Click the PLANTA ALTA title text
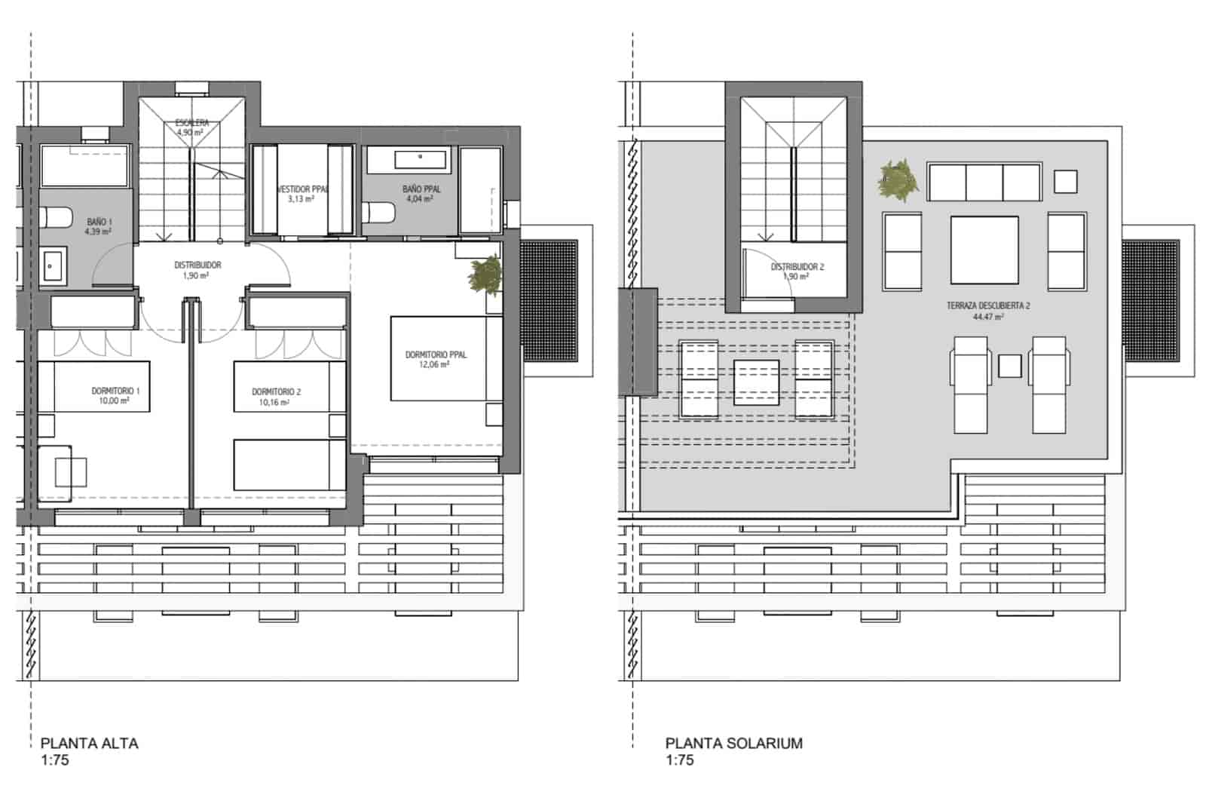(89, 743)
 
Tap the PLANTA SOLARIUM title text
(733, 743)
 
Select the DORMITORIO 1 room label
(115, 391)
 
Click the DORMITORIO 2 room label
(276, 391)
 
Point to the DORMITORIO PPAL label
(436, 354)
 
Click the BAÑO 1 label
(99, 222)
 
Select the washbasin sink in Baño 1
(53, 266)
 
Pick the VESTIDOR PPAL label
(303, 189)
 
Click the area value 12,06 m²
(436, 364)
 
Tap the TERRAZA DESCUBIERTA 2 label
(988, 306)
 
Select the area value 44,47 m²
(988, 317)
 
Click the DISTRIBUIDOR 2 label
(797, 267)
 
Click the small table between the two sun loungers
(1009, 367)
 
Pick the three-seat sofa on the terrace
(984, 182)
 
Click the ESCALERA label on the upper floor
(191, 122)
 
